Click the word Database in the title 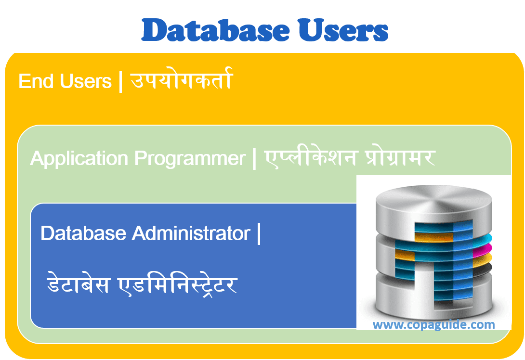(x=214, y=30)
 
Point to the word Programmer (x=190, y=159)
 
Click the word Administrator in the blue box (x=191, y=234)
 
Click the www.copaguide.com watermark (x=433, y=325)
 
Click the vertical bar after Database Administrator (x=259, y=234)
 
